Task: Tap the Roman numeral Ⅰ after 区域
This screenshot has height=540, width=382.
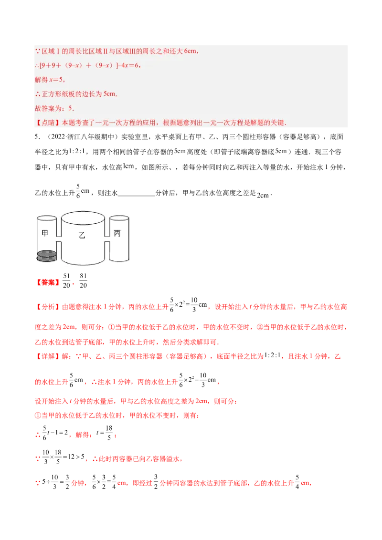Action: (x=58, y=51)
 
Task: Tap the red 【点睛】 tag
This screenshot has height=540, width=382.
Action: (x=46, y=123)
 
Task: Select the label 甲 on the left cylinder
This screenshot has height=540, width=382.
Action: (x=46, y=233)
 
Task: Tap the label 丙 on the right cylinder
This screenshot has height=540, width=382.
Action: (x=117, y=233)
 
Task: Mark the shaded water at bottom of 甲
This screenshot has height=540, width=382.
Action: (x=46, y=256)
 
